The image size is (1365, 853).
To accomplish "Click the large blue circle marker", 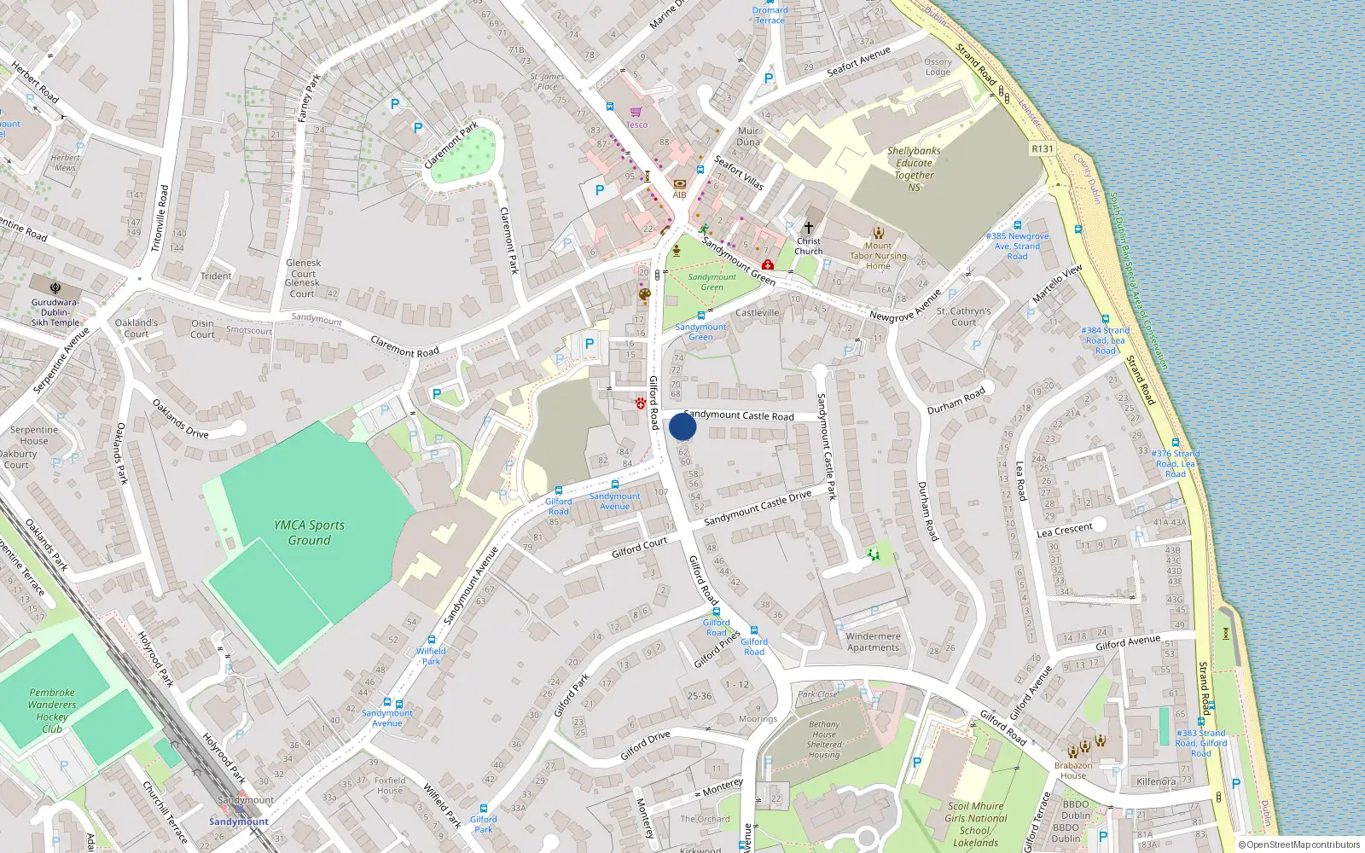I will tap(682, 426).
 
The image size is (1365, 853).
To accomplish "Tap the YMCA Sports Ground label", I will tap(309, 532).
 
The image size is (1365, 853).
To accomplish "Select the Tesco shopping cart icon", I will tap(636, 112).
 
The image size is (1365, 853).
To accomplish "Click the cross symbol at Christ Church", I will tap(809, 228).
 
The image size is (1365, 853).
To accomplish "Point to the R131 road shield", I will tap(1043, 148).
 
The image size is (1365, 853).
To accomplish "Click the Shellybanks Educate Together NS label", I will tap(914, 169).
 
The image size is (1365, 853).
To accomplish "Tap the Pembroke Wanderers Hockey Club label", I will tap(52, 711).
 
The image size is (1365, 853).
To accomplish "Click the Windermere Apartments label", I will tap(873, 641).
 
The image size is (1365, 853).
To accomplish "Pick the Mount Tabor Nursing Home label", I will tap(878, 255).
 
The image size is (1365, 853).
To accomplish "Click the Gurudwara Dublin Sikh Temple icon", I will tap(55, 288).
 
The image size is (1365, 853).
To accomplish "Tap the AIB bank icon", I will tap(679, 183).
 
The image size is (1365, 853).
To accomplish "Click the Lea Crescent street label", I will tap(1064, 530).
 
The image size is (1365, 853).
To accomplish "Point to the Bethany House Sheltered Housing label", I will tap(824, 739).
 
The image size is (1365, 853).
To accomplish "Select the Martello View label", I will tap(1057, 283).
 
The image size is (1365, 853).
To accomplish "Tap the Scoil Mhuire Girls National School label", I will tap(976, 824).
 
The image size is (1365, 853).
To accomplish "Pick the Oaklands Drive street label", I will tap(180, 419).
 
